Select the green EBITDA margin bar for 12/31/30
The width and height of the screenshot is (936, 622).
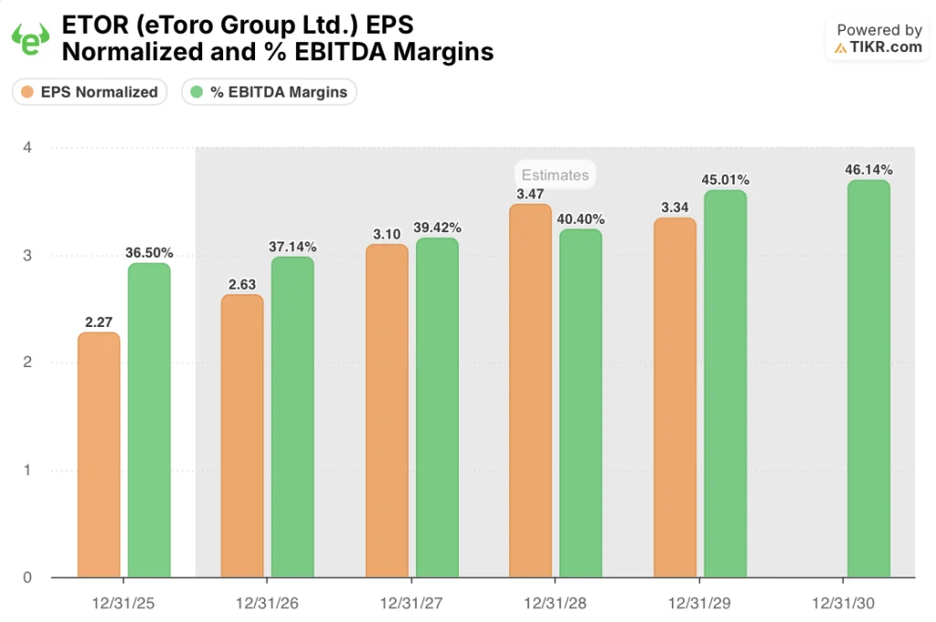pyautogui.click(x=868, y=378)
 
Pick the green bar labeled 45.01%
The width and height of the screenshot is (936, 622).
pyautogui.click(x=725, y=384)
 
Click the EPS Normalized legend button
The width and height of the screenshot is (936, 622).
pyautogui.click(x=90, y=91)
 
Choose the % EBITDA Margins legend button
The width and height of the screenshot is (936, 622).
pyautogui.click(x=270, y=91)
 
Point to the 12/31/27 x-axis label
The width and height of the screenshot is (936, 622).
pyautogui.click(x=411, y=604)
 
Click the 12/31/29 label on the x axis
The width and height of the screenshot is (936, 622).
pyautogui.click(x=699, y=604)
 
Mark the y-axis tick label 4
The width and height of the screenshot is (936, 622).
pyautogui.click(x=27, y=147)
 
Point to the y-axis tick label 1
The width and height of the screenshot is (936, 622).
pyautogui.click(x=27, y=470)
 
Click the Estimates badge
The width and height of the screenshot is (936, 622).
pyautogui.click(x=555, y=174)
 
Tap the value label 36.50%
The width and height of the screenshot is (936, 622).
pyautogui.click(x=149, y=252)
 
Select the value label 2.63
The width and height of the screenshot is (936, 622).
pyautogui.click(x=242, y=284)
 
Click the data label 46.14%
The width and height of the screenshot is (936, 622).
pyautogui.click(x=868, y=169)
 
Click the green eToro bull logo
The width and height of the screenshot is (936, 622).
pyautogui.click(x=29, y=39)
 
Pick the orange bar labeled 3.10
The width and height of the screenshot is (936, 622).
pyautogui.click(x=387, y=410)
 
